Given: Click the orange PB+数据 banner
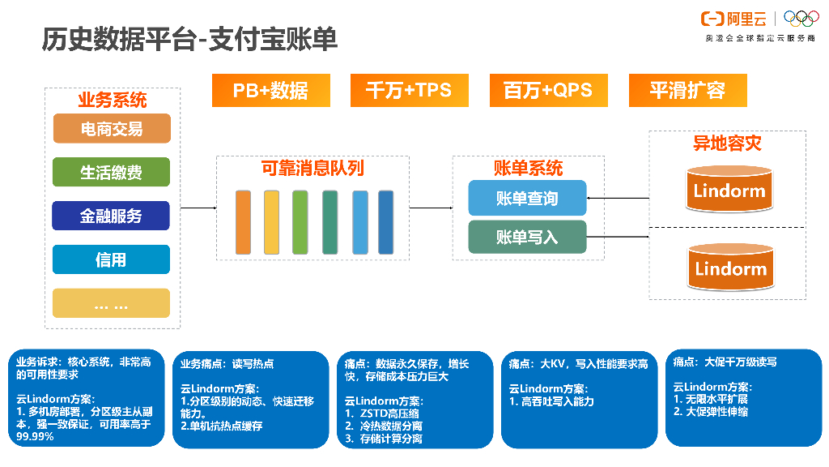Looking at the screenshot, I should [270, 90].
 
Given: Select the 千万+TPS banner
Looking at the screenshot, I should [409, 90].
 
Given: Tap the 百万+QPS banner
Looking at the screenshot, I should [548, 90].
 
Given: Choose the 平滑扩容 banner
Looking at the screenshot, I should [687, 90].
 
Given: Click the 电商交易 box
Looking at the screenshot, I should [112, 129].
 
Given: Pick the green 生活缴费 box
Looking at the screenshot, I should [112, 172].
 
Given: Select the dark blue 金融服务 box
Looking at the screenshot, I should [112, 216].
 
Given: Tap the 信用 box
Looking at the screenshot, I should [112, 259].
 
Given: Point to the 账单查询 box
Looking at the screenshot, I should [527, 199].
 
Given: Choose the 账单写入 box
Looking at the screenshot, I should [527, 237].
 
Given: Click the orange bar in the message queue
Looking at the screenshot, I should [243, 222].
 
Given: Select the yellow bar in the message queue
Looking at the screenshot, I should [271, 222].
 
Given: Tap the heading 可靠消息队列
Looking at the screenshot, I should [312, 168].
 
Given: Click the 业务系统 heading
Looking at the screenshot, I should [112, 101].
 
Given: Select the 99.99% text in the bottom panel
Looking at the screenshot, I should [35, 436].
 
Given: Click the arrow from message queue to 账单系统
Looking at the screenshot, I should [431, 208].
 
